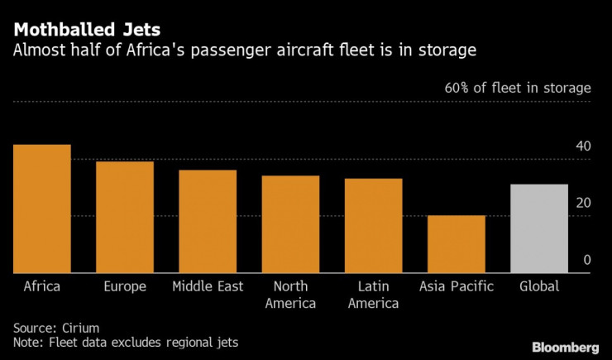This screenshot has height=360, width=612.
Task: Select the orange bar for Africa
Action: tap(41, 209)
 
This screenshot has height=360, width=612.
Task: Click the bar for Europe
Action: tap(125, 217)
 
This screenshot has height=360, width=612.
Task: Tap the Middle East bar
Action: tap(208, 221)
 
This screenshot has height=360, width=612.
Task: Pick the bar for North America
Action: tap(290, 224)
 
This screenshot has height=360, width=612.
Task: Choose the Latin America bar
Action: tap(373, 225)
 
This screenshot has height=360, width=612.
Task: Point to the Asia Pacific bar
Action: tap(457, 244)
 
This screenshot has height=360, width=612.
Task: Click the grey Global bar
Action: tap(539, 228)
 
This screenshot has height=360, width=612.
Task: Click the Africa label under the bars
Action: tap(41, 286)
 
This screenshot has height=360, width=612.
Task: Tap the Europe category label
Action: tap(125, 286)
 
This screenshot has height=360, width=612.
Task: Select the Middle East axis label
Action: tap(208, 286)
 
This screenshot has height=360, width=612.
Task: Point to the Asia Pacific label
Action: tap(457, 286)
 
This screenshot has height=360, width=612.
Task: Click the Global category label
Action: tap(539, 286)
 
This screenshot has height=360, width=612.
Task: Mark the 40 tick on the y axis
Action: tap(583, 146)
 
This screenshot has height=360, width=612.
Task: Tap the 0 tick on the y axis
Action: tap(586, 260)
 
